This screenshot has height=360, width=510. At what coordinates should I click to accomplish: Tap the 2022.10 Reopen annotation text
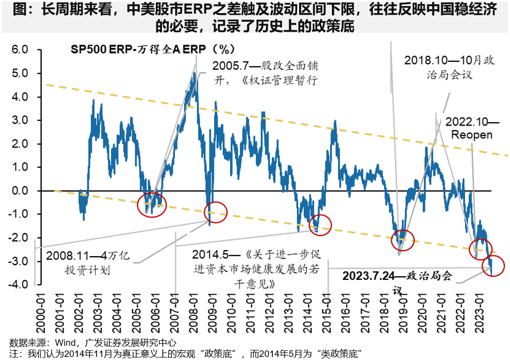[472, 129]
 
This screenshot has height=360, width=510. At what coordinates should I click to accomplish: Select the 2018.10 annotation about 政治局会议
[449, 67]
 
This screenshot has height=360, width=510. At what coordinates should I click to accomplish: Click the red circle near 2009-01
[216, 212]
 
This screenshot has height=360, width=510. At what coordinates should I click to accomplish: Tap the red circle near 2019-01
[403, 239]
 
